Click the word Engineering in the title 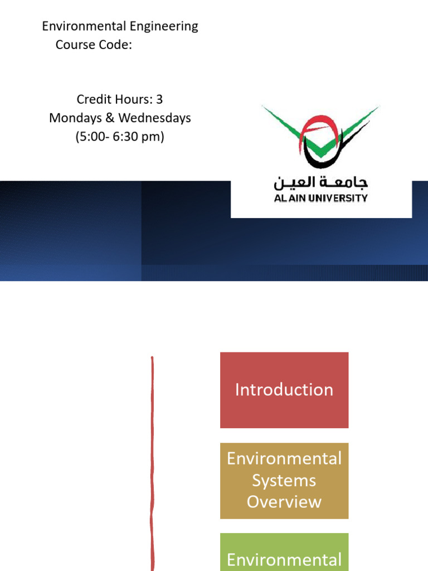coord(168,26)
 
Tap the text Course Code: coord(94,45)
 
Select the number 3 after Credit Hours coord(159,99)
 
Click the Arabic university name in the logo coord(320,183)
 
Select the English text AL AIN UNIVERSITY coord(320,198)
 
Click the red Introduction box coord(284,390)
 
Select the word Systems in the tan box coord(284,480)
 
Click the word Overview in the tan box coord(284,502)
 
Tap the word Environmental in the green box coord(284,560)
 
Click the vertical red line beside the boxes coord(152,463)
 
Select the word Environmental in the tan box coord(284,458)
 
